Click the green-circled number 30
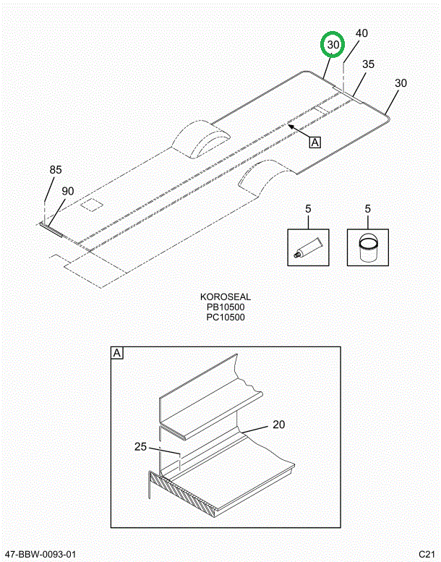point(333,45)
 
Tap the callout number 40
point(361,33)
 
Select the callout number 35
point(368,64)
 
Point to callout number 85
point(56,169)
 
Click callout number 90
point(68,191)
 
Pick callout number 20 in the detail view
point(279,425)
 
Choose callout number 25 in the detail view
point(141,446)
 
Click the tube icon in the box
point(308,247)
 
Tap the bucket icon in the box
point(367,247)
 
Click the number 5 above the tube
point(308,208)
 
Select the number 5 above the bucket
point(367,208)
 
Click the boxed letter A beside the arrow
point(314,142)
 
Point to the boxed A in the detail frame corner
point(117,353)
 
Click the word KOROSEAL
point(226,297)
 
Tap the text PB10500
point(226,307)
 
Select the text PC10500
point(226,318)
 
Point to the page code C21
point(427,554)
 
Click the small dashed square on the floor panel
point(91,205)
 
